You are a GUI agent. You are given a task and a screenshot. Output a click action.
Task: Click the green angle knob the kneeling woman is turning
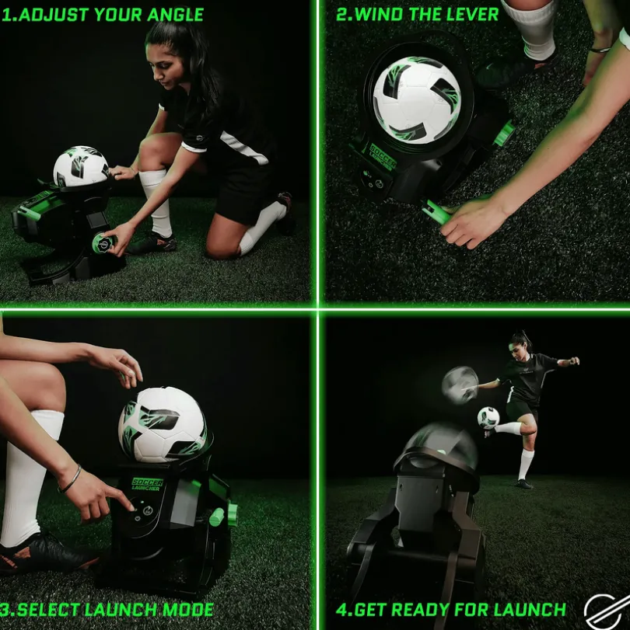(104, 242)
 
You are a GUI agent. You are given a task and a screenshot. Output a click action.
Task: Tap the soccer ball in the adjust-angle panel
(81, 166)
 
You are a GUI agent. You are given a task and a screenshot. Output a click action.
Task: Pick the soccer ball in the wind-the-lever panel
(417, 99)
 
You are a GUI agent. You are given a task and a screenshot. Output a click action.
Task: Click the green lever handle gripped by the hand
(436, 212)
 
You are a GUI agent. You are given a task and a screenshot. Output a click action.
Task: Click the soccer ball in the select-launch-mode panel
(163, 424)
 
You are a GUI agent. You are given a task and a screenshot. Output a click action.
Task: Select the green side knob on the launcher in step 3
(221, 516)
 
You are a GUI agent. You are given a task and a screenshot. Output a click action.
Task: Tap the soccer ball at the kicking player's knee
(488, 418)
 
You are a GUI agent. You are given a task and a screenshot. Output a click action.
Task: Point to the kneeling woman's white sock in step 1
(158, 203)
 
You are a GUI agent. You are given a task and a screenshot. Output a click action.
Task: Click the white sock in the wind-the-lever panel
(535, 28)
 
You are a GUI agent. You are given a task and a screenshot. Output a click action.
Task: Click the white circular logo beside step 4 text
(607, 612)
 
